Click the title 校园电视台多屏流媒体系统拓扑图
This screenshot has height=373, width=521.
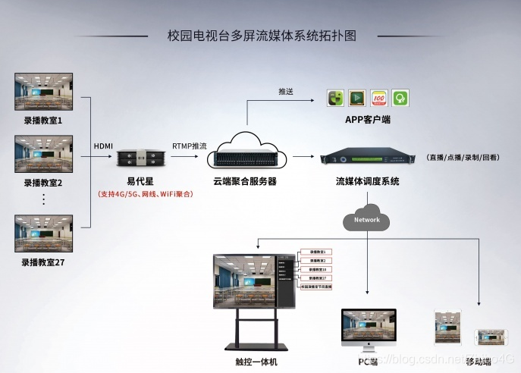click(261, 36)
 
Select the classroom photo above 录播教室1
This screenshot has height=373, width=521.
click(44, 92)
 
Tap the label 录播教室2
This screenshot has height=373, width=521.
click(43, 183)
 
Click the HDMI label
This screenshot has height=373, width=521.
click(103, 146)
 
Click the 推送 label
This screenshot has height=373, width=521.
click(286, 91)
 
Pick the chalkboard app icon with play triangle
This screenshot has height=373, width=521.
click(357, 98)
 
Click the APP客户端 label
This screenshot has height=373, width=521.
click(368, 121)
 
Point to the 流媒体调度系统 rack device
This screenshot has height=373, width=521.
click(368, 158)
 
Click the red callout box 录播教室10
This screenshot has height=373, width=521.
click(318, 269)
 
